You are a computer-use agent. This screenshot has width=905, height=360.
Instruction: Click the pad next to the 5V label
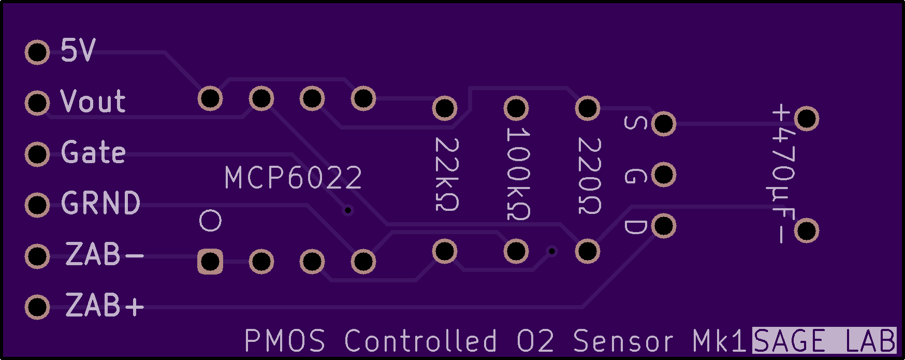click(37, 52)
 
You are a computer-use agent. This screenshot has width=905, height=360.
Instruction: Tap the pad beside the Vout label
click(37, 103)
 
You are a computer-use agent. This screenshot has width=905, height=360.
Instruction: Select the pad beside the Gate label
click(37, 154)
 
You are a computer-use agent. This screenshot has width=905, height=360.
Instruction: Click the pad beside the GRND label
click(37, 205)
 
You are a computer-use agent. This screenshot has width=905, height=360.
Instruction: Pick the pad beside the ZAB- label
click(37, 256)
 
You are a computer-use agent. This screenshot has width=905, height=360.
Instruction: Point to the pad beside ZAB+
click(37, 307)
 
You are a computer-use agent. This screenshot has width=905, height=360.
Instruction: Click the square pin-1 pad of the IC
click(210, 262)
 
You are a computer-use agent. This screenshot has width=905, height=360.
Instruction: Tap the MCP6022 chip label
click(293, 178)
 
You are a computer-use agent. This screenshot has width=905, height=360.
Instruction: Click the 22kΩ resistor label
click(446, 175)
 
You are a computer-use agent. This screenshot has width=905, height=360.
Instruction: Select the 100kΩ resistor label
click(517, 174)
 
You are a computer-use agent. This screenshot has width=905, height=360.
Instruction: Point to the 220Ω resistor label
click(589, 176)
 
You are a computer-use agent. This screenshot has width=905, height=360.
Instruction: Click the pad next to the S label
click(664, 124)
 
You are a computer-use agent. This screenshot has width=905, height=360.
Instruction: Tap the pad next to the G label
click(664, 175)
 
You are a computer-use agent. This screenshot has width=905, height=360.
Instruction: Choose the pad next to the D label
click(664, 226)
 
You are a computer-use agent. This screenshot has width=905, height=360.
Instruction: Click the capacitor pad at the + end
click(806, 119)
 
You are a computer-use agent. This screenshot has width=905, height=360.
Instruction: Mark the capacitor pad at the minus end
click(806, 231)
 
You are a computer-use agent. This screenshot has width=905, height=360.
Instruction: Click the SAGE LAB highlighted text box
click(824, 341)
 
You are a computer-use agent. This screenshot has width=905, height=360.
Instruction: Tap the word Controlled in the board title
click(421, 341)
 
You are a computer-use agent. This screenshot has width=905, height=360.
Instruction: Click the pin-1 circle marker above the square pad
click(210, 221)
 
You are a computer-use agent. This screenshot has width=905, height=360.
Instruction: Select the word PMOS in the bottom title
click(285, 341)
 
